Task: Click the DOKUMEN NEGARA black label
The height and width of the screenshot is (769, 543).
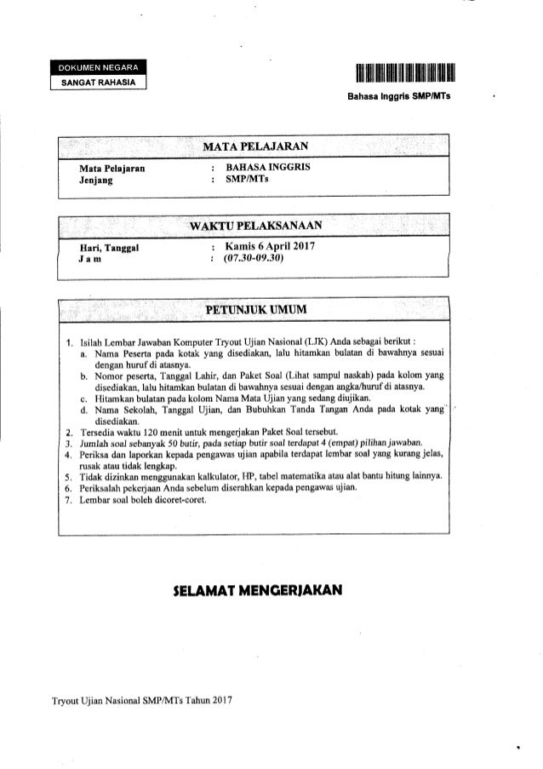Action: click(x=101, y=68)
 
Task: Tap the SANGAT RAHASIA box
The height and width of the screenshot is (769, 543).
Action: click(x=101, y=82)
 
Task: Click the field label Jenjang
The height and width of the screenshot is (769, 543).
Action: click(x=97, y=181)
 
